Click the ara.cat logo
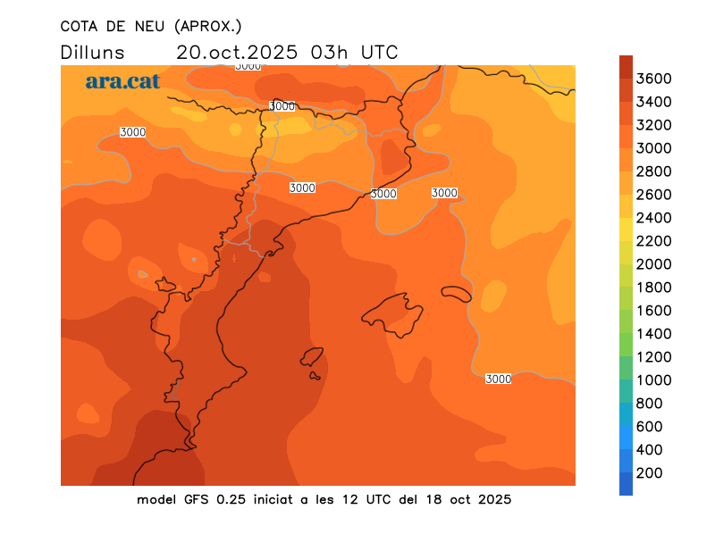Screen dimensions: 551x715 point(122,81)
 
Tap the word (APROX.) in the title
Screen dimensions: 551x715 point(208,25)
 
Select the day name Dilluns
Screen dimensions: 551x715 point(93,52)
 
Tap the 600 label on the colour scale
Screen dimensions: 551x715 point(650,427)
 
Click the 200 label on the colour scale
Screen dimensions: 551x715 point(650,473)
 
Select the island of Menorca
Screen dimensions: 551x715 point(456,294)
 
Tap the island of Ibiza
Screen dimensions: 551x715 point(312,357)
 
